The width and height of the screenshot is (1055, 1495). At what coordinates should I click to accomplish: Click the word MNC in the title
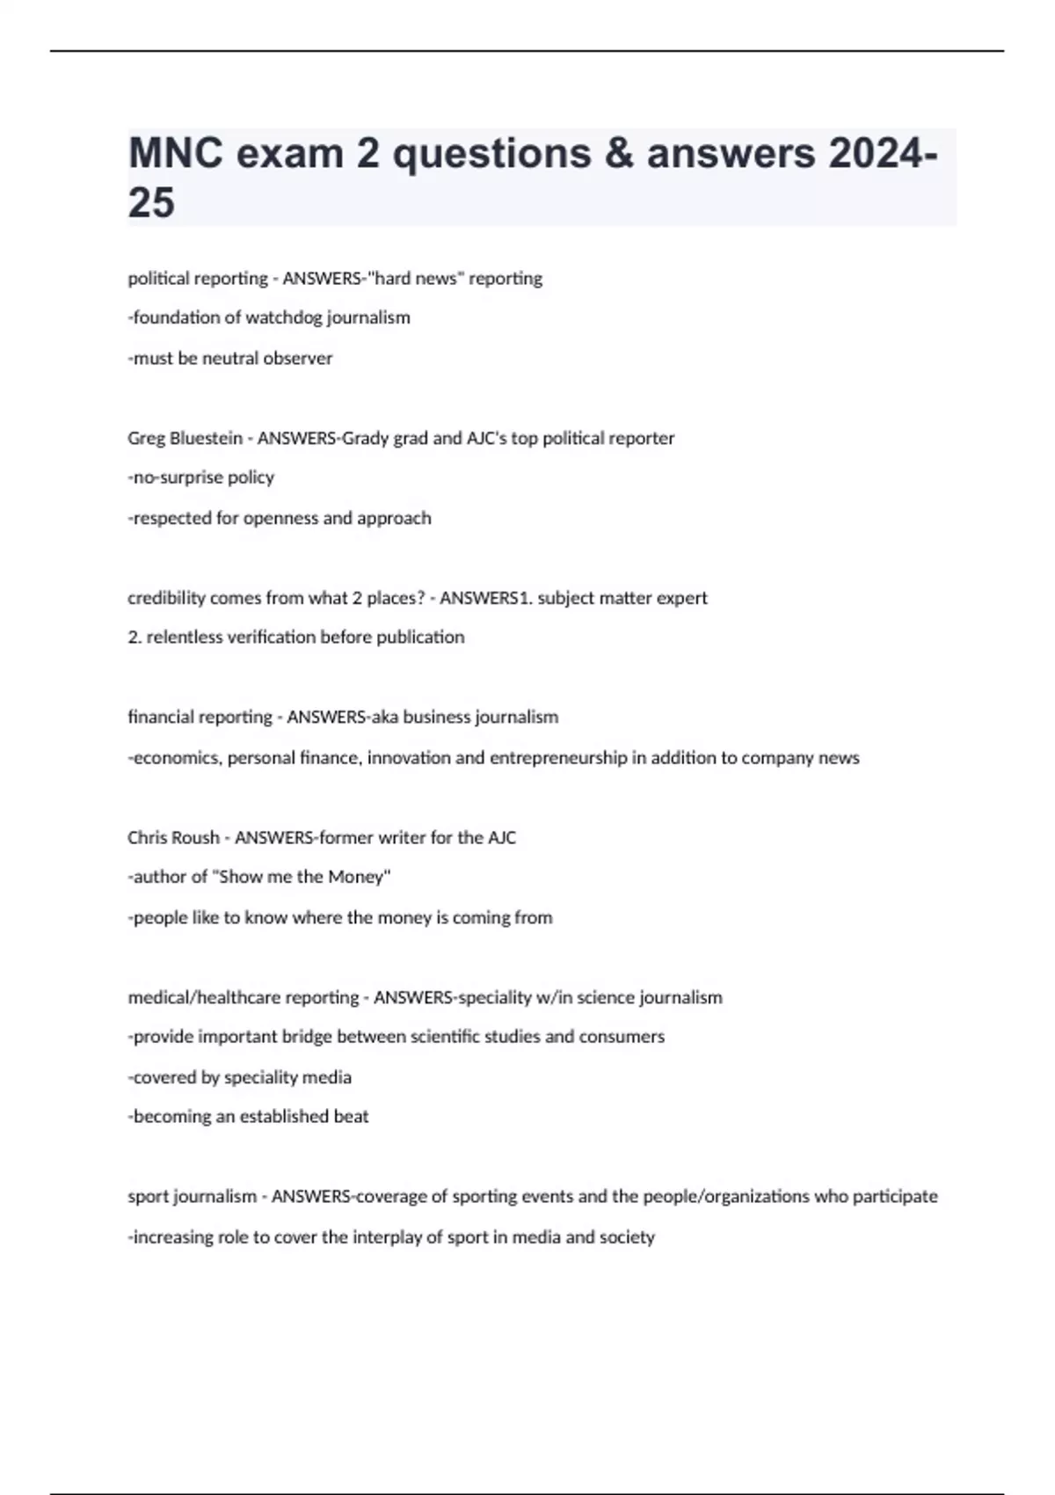point(172,154)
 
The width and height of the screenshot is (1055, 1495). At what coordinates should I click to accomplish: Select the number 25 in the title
point(151,203)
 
